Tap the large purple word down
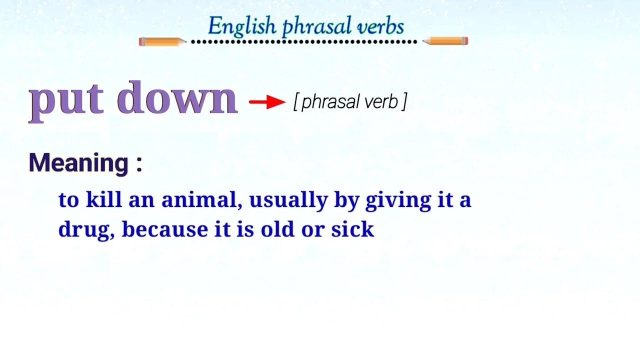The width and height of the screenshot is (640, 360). point(177,98)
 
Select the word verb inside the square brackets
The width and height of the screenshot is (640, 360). point(381,101)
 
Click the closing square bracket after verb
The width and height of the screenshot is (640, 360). point(404,102)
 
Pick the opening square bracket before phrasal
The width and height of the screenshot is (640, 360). point(296,102)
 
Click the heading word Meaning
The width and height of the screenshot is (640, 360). point(78,163)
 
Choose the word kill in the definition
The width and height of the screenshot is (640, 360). point(104,199)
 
